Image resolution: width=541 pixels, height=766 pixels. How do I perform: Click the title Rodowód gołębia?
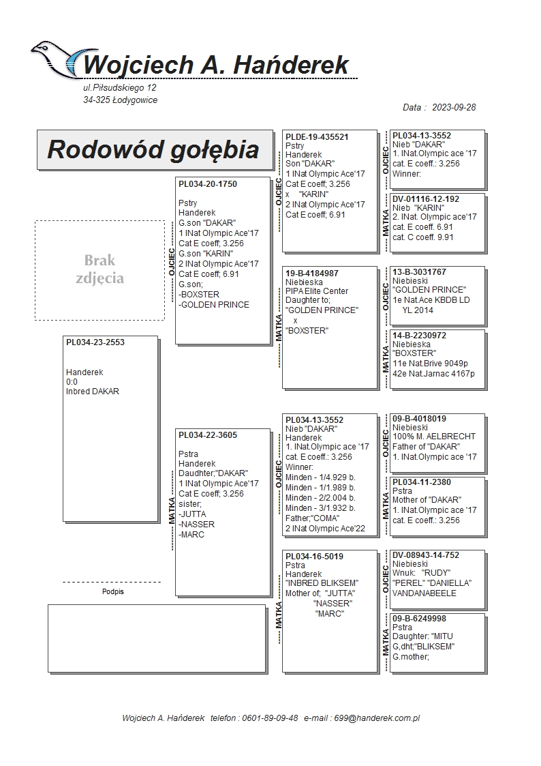coord(153,149)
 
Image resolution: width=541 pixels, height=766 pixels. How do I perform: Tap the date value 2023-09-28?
coord(453,108)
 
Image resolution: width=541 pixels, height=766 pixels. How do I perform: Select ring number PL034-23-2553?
coord(95,342)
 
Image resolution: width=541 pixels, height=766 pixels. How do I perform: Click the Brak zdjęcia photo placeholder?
coord(99,269)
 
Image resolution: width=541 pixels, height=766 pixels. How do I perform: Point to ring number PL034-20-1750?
coord(208,184)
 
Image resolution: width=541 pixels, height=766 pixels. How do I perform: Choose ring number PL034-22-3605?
coord(208,435)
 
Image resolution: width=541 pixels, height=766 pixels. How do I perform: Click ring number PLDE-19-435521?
coord(317,137)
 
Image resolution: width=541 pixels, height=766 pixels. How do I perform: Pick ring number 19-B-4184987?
coord(312,274)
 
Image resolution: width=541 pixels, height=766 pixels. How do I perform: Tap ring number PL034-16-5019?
coord(314,557)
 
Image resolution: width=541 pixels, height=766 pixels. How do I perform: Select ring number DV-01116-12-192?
coord(426,199)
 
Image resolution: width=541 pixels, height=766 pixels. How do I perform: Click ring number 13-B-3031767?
coord(420,272)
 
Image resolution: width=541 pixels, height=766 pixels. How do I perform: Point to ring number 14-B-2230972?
coord(420,336)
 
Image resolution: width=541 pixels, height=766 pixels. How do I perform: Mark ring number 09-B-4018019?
coord(420,419)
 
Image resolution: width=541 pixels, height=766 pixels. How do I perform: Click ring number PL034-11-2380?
coord(422,482)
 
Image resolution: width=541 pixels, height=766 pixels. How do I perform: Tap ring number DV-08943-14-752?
coord(426,555)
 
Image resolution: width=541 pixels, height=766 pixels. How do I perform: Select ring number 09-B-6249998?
coord(420,619)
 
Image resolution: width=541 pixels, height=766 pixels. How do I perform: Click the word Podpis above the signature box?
coord(113,591)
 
